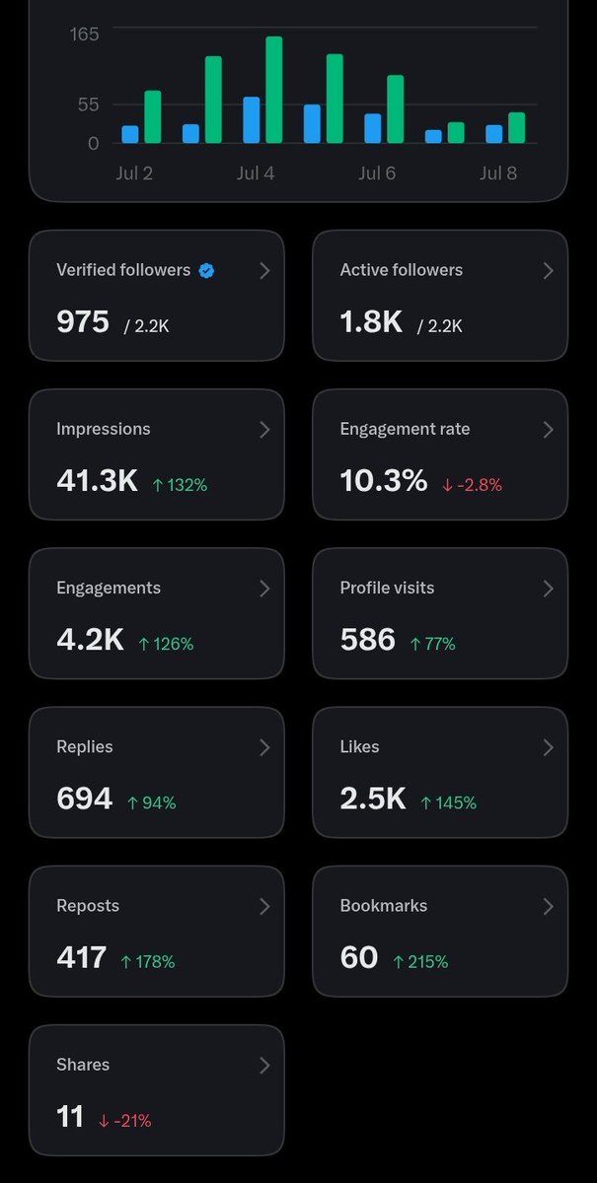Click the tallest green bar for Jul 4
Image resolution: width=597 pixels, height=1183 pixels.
tap(274, 90)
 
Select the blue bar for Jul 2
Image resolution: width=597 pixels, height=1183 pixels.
tap(130, 134)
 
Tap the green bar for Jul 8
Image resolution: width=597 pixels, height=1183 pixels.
tap(517, 128)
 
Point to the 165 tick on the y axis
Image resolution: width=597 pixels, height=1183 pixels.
tap(84, 35)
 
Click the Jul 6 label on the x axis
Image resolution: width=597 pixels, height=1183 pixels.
tap(377, 174)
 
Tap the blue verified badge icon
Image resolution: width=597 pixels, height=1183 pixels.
tap(207, 271)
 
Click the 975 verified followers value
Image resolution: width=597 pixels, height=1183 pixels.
tap(83, 321)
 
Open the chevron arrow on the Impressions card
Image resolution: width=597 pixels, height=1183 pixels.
tap(264, 430)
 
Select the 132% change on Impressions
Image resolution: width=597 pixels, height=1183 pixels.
tap(180, 485)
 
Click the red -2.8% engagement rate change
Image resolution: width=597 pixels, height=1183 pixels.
tap(473, 485)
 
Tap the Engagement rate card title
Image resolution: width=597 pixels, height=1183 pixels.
tap(405, 429)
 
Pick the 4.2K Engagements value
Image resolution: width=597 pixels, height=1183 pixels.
tap(91, 640)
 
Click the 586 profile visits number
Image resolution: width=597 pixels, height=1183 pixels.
tap(367, 640)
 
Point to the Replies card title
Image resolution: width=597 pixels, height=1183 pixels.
tap(85, 747)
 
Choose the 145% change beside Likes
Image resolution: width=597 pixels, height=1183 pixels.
tap(448, 802)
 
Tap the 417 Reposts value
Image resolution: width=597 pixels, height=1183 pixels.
tap(82, 957)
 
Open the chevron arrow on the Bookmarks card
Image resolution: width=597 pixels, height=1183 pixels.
tap(549, 906)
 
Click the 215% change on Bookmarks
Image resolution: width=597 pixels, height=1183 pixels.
tap(421, 962)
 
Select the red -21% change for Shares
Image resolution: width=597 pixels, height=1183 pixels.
tap(124, 1121)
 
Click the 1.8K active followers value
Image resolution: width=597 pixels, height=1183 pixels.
tap(371, 321)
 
